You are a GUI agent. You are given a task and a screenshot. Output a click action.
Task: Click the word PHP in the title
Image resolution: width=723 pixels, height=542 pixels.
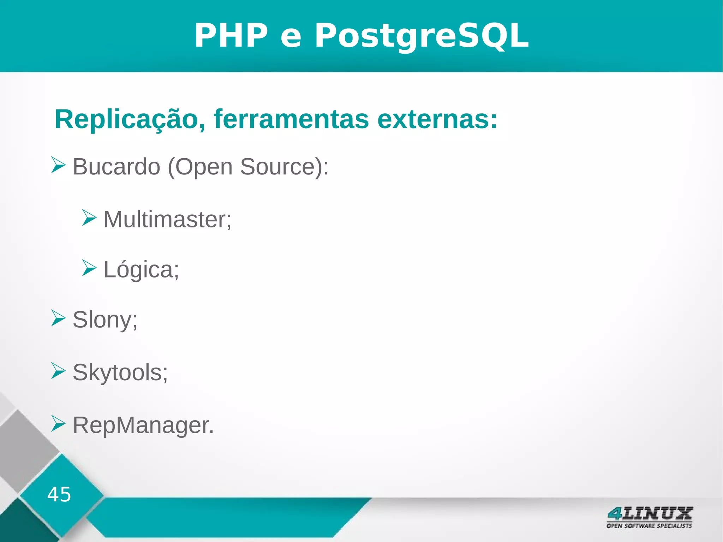(231, 35)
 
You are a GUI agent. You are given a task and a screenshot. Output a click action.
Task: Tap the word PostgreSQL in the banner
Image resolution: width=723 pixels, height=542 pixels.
(422, 36)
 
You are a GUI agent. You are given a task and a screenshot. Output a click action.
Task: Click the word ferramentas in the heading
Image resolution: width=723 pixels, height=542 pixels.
(291, 119)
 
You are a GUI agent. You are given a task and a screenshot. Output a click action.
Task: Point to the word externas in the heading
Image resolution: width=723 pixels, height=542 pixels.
(437, 119)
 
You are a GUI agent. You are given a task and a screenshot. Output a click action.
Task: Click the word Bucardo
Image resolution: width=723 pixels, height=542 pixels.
(116, 166)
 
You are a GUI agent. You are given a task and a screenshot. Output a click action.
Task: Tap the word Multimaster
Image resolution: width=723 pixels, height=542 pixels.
(167, 219)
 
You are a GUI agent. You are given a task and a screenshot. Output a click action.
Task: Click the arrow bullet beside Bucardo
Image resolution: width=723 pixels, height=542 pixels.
(58, 165)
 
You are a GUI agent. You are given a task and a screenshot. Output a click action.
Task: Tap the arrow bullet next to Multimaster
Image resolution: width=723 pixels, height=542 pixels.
(89, 218)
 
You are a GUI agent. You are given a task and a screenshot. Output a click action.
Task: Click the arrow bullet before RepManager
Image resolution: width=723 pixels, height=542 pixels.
(58, 423)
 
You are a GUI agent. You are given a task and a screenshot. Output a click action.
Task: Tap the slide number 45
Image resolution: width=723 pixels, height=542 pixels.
(59, 494)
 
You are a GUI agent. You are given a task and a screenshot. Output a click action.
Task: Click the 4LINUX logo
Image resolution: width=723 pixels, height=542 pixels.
(649, 517)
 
